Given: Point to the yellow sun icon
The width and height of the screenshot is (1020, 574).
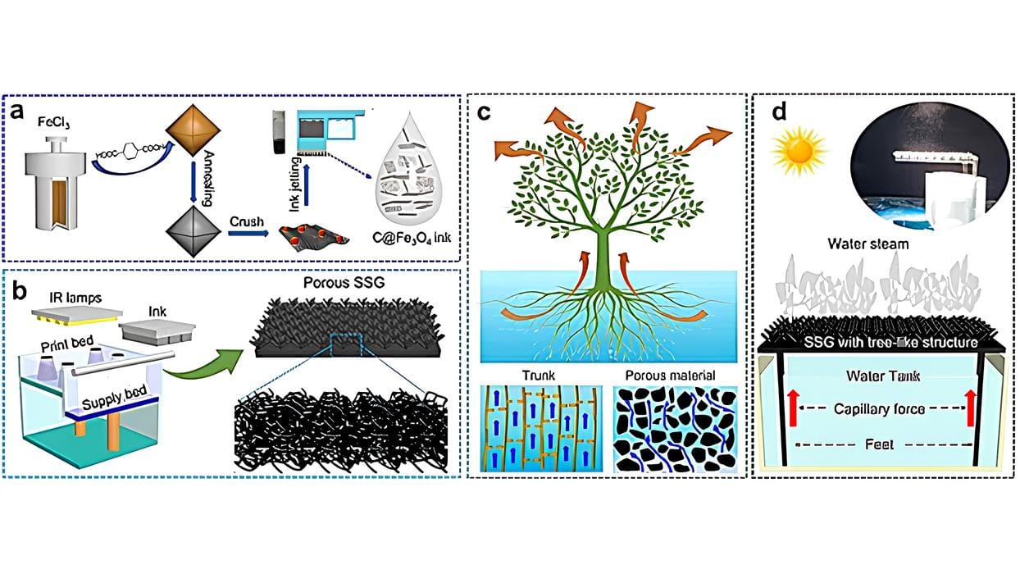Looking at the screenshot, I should pos(797,148).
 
